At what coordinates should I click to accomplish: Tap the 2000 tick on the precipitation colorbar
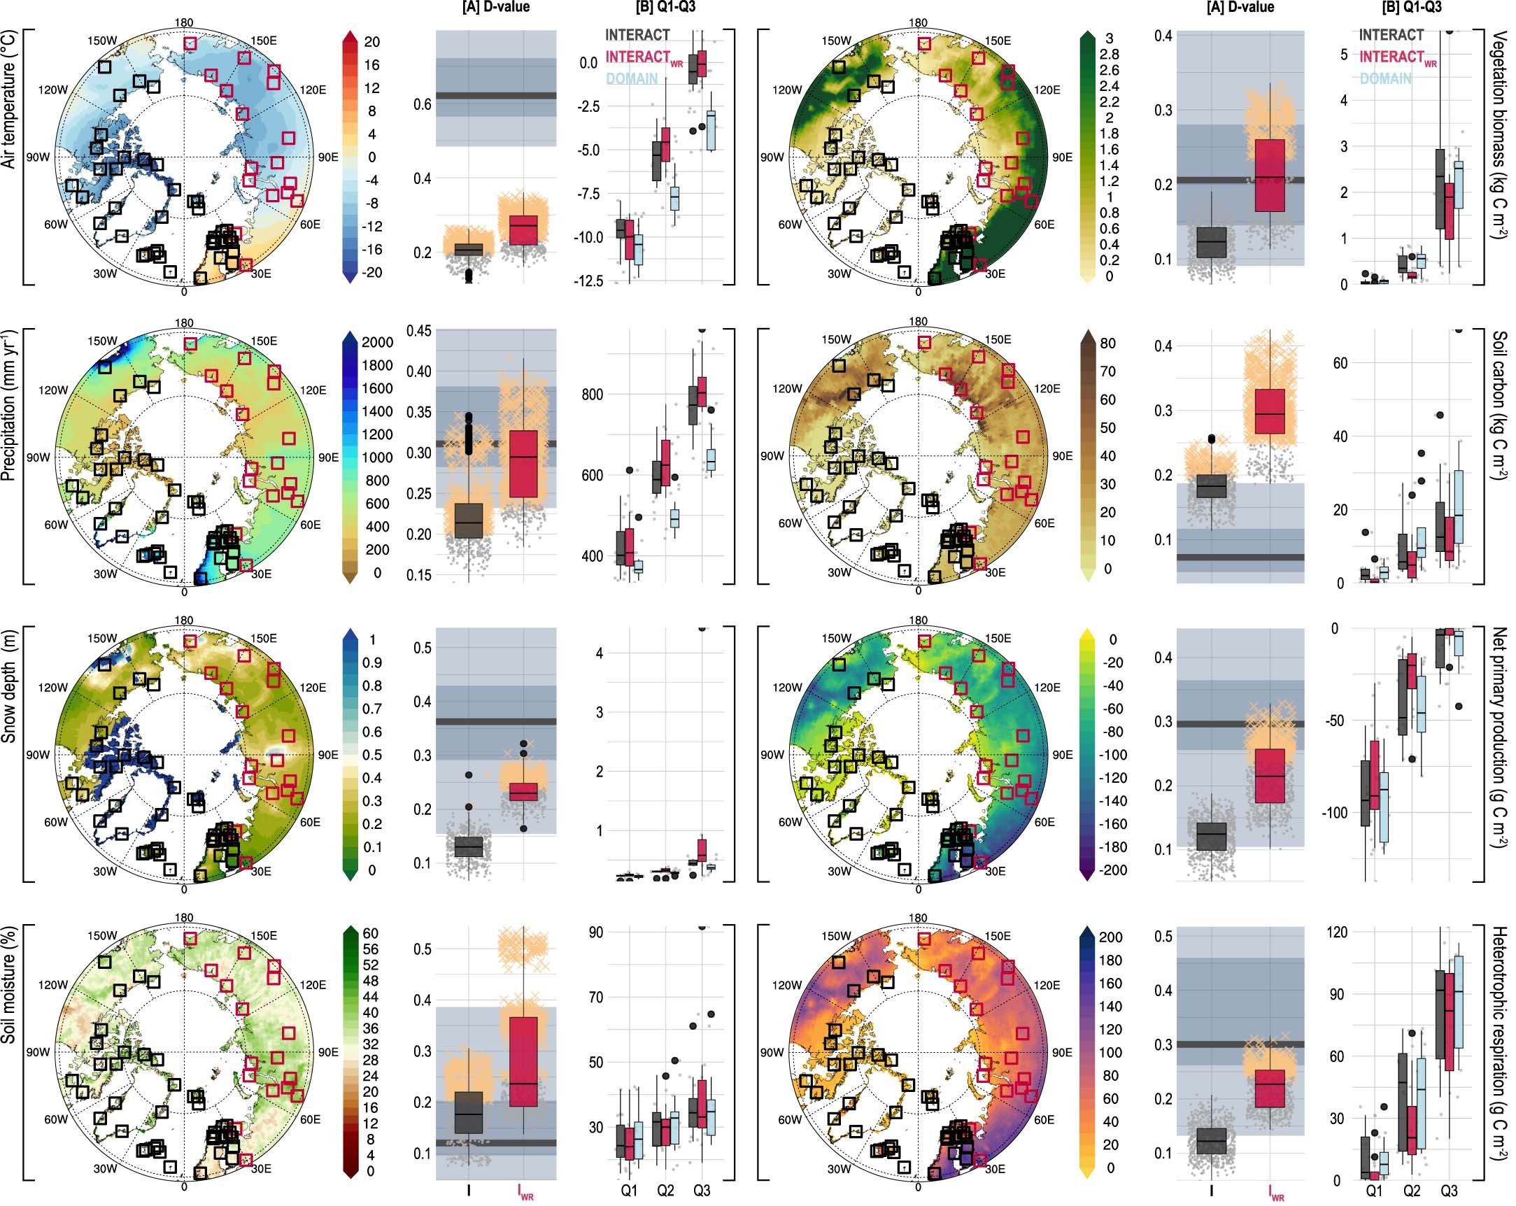pos(378,343)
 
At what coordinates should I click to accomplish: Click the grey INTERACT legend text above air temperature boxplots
pos(637,34)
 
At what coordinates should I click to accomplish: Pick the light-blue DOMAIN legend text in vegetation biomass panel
pos(1385,79)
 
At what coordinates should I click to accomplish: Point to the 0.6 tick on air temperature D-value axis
pos(422,104)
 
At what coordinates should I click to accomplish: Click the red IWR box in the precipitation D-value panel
pos(523,463)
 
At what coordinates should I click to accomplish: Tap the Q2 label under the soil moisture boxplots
pos(665,1190)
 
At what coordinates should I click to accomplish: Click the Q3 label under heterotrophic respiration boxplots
pos(1449,1191)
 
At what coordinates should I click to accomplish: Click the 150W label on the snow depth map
pos(103,639)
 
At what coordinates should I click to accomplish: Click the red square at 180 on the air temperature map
pos(190,43)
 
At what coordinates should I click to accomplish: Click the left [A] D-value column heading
pos(496,8)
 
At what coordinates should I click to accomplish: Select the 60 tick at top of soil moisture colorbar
pos(370,933)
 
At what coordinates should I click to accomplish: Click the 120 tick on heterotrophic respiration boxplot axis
pos(1337,932)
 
